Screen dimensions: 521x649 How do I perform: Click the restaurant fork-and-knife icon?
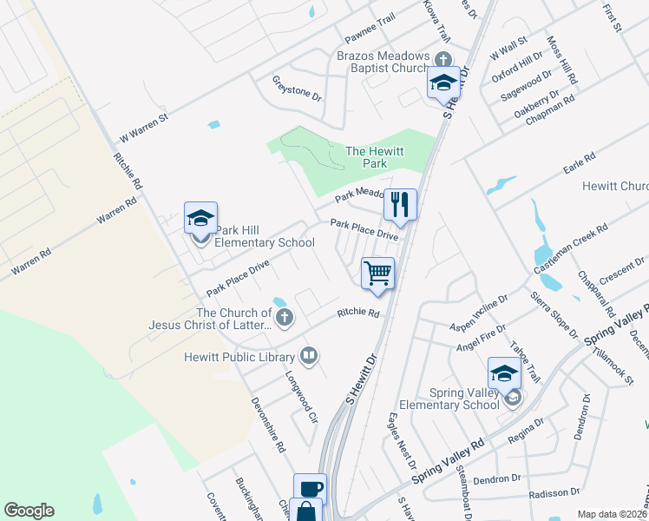point(400,205)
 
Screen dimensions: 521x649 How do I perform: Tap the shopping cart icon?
point(378,273)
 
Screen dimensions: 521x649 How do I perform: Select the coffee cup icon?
point(310,488)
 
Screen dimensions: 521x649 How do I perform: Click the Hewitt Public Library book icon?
point(308,354)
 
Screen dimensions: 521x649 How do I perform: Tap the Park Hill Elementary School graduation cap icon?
point(200,218)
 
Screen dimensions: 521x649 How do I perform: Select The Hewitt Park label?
point(375,156)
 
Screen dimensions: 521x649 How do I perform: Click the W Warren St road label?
point(143,127)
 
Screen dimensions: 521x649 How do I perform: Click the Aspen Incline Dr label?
point(477,313)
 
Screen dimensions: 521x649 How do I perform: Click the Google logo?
point(29,511)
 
